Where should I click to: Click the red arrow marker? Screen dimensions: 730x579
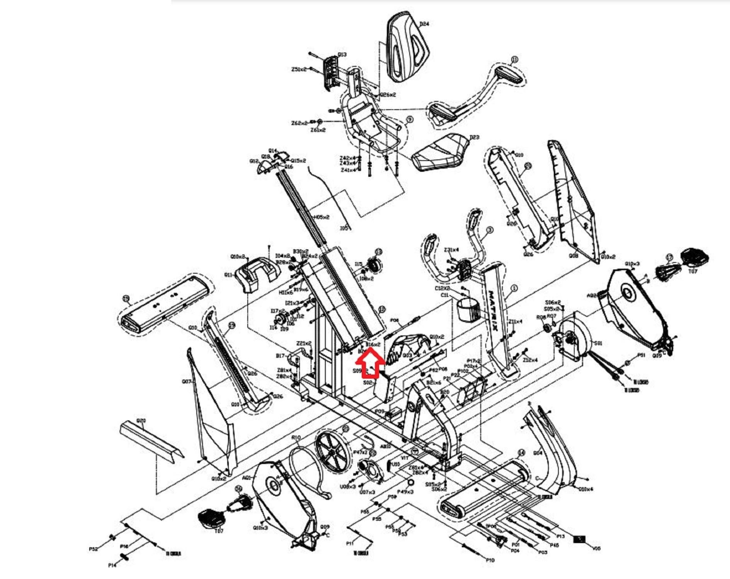pos(370,361)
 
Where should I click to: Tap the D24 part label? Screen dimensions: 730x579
pos(424,24)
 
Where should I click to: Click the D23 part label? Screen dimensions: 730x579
pos(474,137)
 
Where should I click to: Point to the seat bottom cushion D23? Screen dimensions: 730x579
pos(441,152)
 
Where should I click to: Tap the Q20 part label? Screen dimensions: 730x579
pos(141,420)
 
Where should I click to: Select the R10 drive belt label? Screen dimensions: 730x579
pos(296,437)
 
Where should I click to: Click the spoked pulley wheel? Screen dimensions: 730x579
pos(331,451)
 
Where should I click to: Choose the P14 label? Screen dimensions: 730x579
pos(112,565)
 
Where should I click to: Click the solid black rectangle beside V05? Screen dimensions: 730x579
pos(579,539)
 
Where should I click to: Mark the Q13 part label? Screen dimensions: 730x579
pos(342,54)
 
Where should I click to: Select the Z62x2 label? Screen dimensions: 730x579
pos(299,123)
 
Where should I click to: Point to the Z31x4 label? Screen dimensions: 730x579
pos(451,250)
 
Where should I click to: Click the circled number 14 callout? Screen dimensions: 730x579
pos(521,453)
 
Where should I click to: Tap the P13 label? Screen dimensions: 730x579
pos(560,536)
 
